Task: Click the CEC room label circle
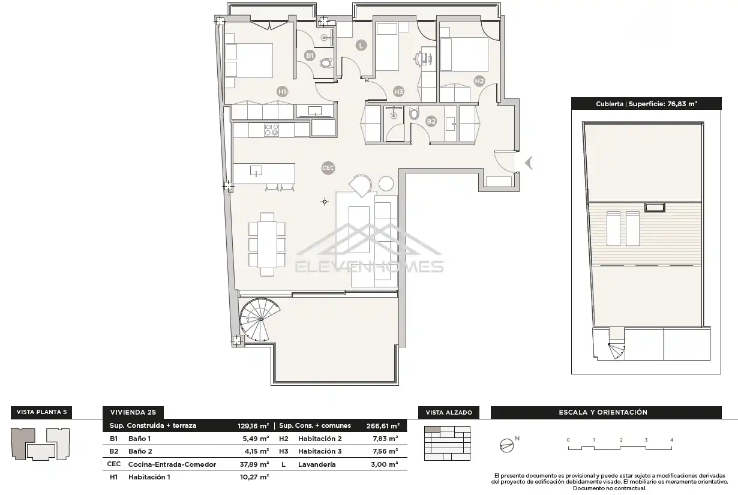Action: [x=328, y=168]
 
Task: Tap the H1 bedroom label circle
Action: [x=283, y=92]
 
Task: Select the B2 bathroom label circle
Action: [x=431, y=121]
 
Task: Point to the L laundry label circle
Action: [x=361, y=46]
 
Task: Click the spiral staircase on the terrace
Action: [x=259, y=320]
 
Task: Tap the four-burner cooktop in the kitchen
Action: [x=271, y=130]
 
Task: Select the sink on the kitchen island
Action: [x=256, y=171]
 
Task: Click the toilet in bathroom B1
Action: [x=326, y=63]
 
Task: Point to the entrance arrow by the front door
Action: [x=529, y=163]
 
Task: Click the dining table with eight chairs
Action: [x=267, y=244]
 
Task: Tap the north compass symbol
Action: [x=507, y=446]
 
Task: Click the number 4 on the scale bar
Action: [x=671, y=440]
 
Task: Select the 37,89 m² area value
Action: [x=254, y=464]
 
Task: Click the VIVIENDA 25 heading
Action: [x=133, y=412]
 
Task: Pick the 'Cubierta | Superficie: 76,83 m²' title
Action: [x=646, y=104]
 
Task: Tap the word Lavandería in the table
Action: [x=317, y=464]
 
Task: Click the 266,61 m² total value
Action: [x=383, y=426]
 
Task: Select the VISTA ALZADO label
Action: [x=449, y=413]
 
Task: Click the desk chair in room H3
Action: [x=418, y=59]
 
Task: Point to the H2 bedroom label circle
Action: [x=479, y=81]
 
